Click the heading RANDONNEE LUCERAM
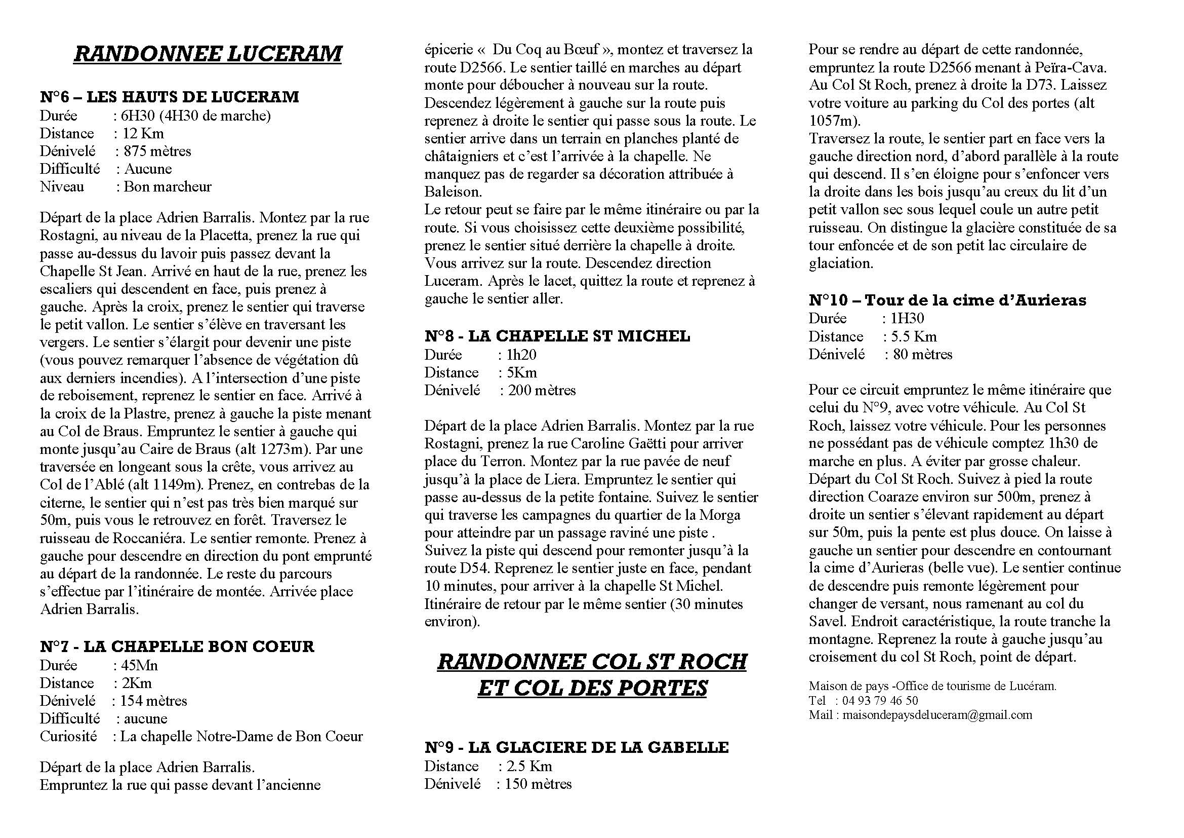[208, 54]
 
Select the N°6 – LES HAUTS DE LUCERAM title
[169, 97]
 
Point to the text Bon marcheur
[168, 186]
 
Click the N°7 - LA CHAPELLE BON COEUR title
[177, 646]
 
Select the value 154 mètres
[154, 701]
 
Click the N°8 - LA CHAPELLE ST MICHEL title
[557, 336]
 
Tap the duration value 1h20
[522, 355]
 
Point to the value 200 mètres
[542, 390]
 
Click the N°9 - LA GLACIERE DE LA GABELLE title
[577, 747]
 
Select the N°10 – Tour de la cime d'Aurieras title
[947, 300]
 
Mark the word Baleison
[452, 192]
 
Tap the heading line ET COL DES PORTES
[592, 689]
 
